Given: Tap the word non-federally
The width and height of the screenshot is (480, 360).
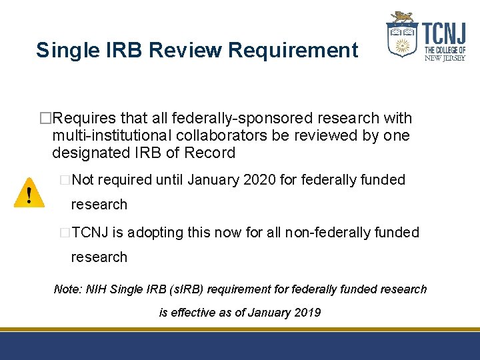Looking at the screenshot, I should click(338, 232).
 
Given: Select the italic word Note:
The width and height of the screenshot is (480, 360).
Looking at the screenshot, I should click(67, 289).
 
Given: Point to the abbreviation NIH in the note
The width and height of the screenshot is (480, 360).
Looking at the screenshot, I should click(95, 289).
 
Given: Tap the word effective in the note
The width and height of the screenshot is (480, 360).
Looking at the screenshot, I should click(193, 312).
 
